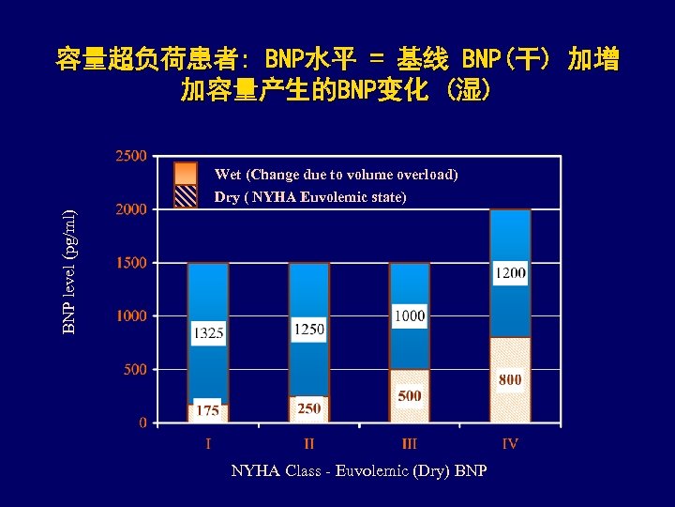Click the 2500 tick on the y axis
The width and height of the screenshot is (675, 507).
pyautogui.click(x=130, y=156)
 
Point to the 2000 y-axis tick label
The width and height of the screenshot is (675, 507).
pyautogui.click(x=130, y=209)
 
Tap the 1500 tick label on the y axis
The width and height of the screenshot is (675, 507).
pyautogui.click(x=130, y=263)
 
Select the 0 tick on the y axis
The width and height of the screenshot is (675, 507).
pyautogui.click(x=142, y=422)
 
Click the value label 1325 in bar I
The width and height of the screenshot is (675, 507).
pyautogui.click(x=208, y=331)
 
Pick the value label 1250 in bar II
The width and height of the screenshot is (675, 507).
pyautogui.click(x=309, y=329)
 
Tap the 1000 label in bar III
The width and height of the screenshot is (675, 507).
pyautogui.click(x=410, y=316)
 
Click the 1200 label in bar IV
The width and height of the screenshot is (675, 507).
pyautogui.click(x=510, y=273)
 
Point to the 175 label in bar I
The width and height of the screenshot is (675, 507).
pyautogui.click(x=208, y=410)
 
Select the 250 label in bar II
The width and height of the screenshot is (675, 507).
pyautogui.click(x=309, y=407)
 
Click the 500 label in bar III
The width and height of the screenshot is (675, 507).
pyautogui.click(x=410, y=396)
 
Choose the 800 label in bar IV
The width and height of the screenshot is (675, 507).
pyautogui.click(x=510, y=380)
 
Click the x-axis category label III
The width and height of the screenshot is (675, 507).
pyautogui.click(x=410, y=443)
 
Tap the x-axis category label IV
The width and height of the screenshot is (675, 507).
pyautogui.click(x=510, y=443)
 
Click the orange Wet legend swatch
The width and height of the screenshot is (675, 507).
pyautogui.click(x=186, y=174)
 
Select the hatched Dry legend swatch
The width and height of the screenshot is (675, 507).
pyautogui.click(x=186, y=195)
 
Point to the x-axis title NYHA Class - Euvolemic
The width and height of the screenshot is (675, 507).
pyautogui.click(x=358, y=470)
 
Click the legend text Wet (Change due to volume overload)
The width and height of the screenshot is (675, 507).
pyautogui.click(x=336, y=175)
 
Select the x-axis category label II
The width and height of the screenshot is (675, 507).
pyautogui.click(x=309, y=443)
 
